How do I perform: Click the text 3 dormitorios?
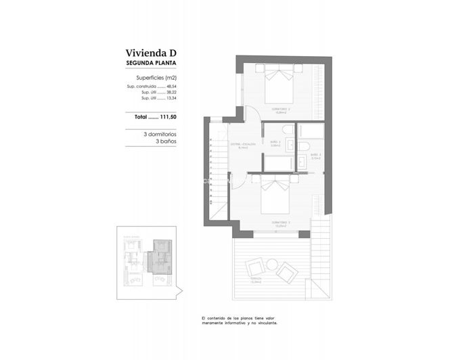coord(160,134)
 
